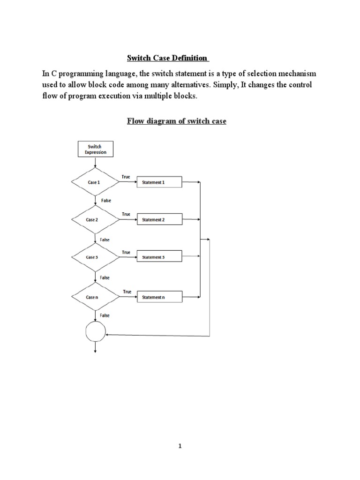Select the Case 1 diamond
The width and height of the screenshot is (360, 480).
[x=94, y=182]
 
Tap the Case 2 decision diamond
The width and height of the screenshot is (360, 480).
[x=94, y=220]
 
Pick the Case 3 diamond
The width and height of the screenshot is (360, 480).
[x=94, y=257]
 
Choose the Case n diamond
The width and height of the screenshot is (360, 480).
[x=94, y=297]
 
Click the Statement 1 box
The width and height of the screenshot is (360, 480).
[x=159, y=182]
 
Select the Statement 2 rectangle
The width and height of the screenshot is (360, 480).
[x=159, y=220]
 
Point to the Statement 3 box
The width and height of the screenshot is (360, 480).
[x=159, y=257]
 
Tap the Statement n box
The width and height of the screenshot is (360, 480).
[x=159, y=297]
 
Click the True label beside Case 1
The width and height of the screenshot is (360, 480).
[x=126, y=177]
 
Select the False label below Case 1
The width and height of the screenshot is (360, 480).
[x=106, y=200]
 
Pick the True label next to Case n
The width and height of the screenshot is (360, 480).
[x=127, y=292]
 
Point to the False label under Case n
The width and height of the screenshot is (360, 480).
[x=105, y=315]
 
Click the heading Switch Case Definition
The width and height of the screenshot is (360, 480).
[x=168, y=59]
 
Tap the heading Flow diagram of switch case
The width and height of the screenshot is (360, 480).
[x=177, y=121]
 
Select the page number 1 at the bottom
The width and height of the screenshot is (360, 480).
[x=180, y=447]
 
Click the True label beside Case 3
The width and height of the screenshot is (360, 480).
[x=126, y=252]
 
